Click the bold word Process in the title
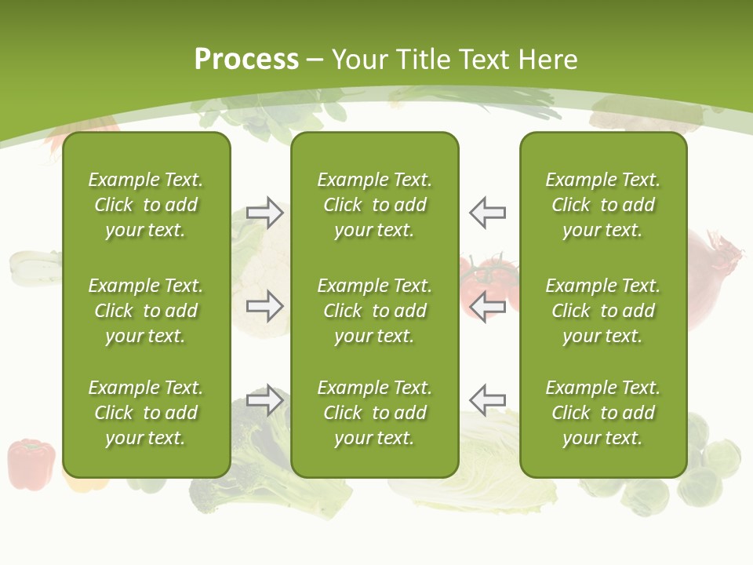point(246,60)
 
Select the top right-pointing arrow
point(265,213)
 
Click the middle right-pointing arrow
point(265,306)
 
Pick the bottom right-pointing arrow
point(265,400)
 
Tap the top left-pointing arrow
point(488,213)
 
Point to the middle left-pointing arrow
point(488,306)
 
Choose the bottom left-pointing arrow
point(488,400)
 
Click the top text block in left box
point(146,205)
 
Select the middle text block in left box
point(146,311)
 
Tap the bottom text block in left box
point(146,413)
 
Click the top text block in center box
point(374,205)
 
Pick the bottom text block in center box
point(374,413)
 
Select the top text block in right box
point(602,205)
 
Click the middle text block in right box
point(602,311)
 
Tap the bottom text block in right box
point(602,413)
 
